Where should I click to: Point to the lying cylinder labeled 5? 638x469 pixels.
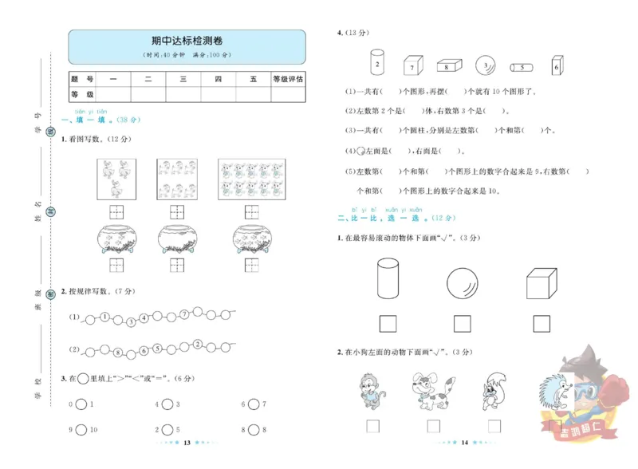(x=521, y=67)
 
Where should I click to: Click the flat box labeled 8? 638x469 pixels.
(x=448, y=66)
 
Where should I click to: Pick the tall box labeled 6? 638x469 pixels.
(x=557, y=66)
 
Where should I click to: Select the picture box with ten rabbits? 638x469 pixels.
(x=252, y=179)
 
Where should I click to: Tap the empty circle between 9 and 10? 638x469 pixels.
(x=82, y=430)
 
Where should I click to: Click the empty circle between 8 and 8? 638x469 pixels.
(x=254, y=430)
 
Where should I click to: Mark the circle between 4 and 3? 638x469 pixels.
(x=168, y=404)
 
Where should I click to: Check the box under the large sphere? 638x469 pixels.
(x=462, y=323)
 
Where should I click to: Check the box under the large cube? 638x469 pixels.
(x=542, y=323)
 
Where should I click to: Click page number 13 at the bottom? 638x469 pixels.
(x=186, y=442)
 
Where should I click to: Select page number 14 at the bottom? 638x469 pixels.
(x=463, y=442)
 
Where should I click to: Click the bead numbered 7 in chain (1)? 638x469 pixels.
(x=183, y=314)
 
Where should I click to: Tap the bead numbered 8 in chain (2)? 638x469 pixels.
(x=117, y=352)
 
